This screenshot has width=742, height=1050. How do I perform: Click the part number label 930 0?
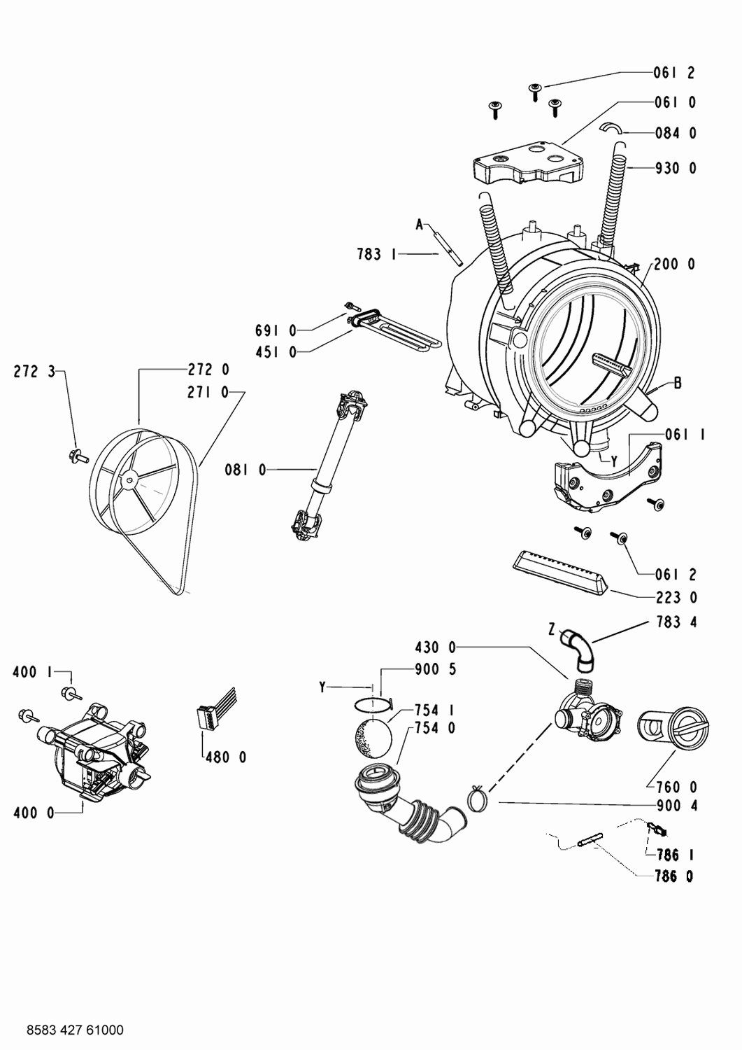(x=675, y=168)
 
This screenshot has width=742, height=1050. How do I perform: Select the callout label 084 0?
(x=675, y=133)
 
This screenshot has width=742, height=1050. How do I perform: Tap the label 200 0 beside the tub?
(x=675, y=264)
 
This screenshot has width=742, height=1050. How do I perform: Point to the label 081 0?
(x=245, y=470)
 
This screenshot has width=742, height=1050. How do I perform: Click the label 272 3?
(x=34, y=372)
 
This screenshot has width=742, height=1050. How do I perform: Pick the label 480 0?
(x=225, y=757)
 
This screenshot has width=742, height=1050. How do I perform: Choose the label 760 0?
(x=676, y=787)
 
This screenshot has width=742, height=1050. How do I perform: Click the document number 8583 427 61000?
(x=74, y=1030)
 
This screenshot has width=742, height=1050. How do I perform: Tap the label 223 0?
(x=676, y=598)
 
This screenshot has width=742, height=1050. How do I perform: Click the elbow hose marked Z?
(x=581, y=647)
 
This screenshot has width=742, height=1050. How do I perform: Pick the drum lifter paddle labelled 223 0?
(x=559, y=571)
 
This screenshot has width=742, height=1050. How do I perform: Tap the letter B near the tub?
(x=677, y=383)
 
